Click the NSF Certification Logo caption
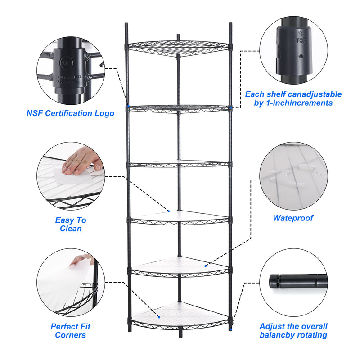[x=70, y=113]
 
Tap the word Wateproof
[x=293, y=218]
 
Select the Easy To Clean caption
[x=71, y=224]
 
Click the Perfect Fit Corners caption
[x=71, y=331]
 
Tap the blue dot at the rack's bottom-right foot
[x=230, y=329]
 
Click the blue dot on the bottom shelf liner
[x=158, y=317]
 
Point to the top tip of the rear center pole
[x=179, y=35]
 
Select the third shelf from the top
[x=179, y=164]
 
